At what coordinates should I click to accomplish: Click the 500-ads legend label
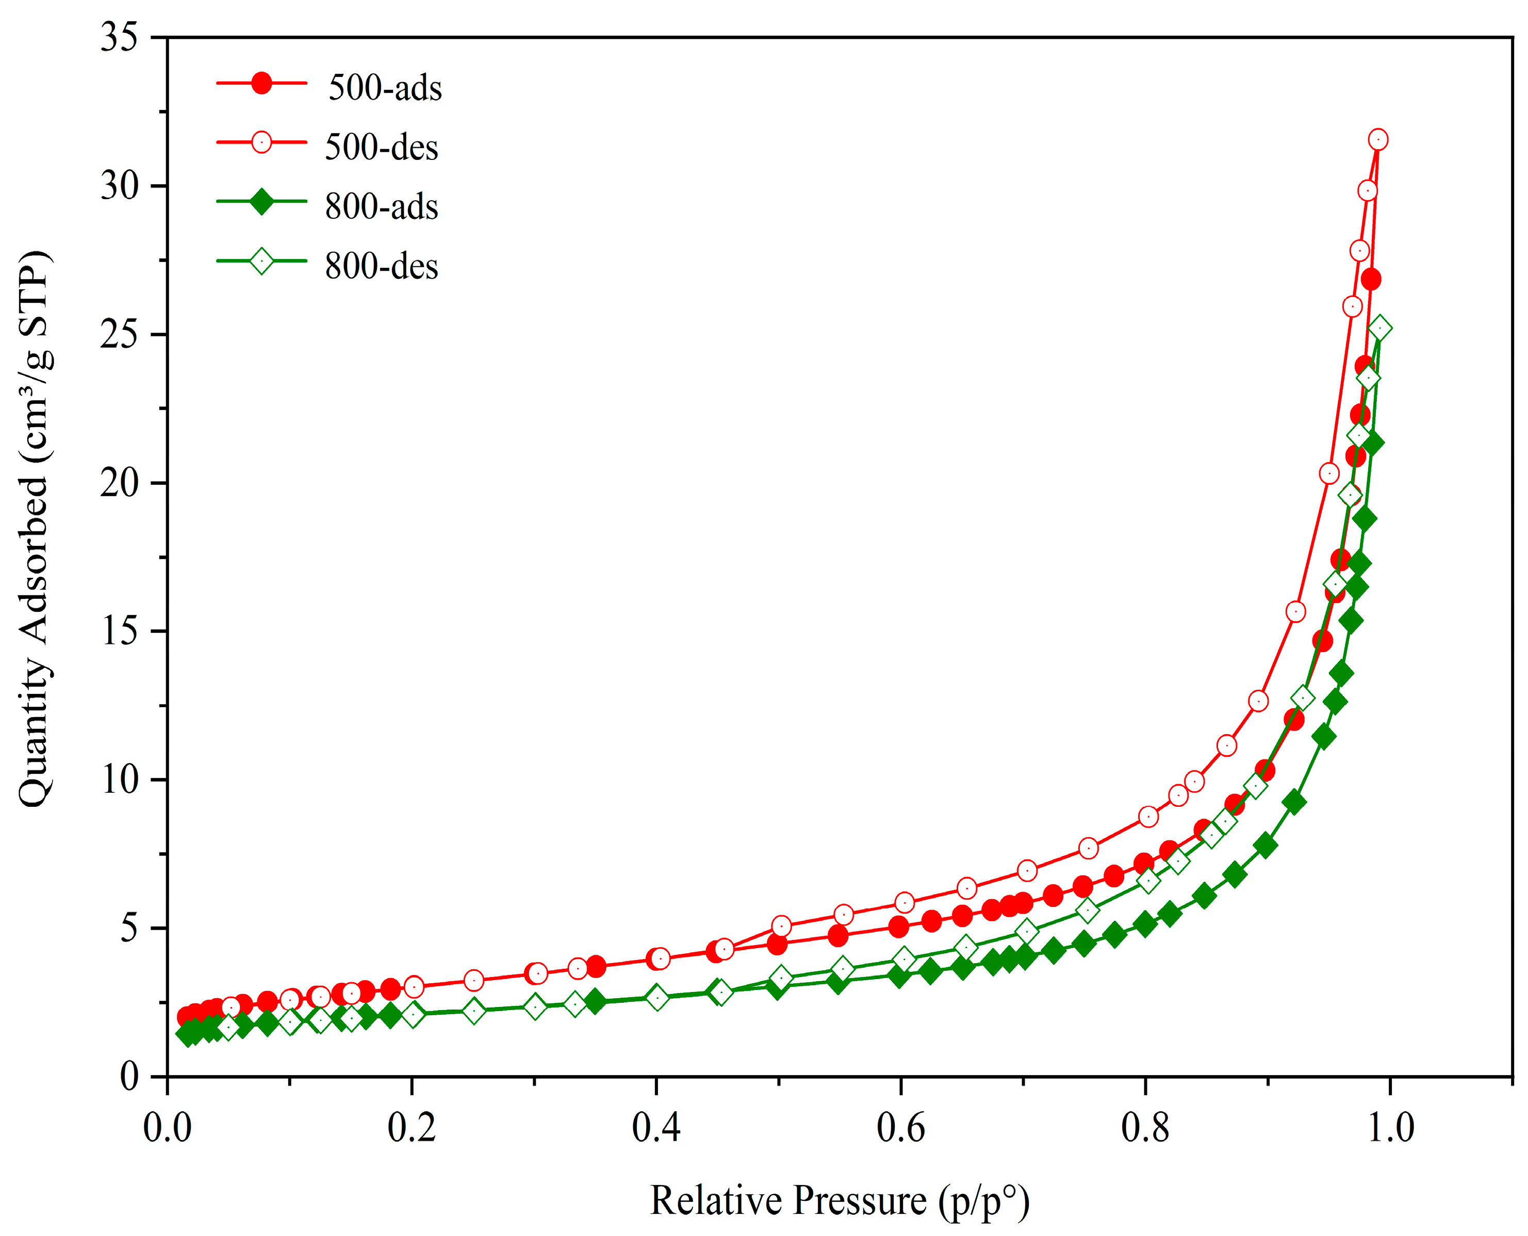(x=385, y=88)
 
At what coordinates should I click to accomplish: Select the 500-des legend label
(x=382, y=148)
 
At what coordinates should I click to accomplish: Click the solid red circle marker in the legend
(x=262, y=83)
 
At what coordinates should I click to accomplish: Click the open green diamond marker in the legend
(x=262, y=262)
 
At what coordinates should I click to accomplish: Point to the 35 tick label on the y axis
(x=119, y=37)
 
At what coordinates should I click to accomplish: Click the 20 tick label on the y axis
(x=119, y=483)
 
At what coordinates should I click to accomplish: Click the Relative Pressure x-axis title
(x=839, y=1201)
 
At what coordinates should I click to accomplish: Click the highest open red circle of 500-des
(x=1378, y=140)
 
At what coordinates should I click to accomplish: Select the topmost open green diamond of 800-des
(x=1380, y=328)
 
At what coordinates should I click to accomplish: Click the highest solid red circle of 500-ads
(x=1371, y=279)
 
